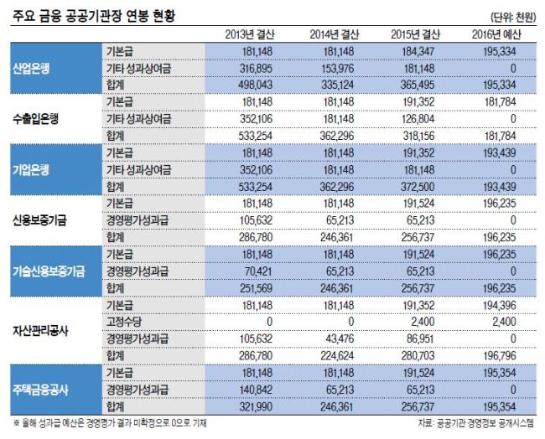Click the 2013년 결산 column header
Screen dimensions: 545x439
(250, 34)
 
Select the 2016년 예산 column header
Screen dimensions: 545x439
(496, 34)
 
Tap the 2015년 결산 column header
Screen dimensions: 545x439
(415, 34)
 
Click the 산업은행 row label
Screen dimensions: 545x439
(31, 69)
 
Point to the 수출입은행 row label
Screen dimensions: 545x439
(36, 119)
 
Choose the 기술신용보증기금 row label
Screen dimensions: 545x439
(49, 271)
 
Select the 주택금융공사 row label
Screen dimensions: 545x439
(40, 390)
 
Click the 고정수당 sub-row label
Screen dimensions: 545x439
(124, 322)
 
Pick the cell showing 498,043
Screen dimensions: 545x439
(256, 85)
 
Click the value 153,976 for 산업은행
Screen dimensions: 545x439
(338, 69)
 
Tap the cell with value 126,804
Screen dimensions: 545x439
(418, 119)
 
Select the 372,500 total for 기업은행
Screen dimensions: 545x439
(418, 187)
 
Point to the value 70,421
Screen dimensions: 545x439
(258, 271)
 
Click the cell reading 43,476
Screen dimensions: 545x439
(340, 338)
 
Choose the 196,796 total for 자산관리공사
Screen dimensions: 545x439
(500, 356)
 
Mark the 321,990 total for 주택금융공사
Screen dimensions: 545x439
(256, 406)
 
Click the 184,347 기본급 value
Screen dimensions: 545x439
(418, 51)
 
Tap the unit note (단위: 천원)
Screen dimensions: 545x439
(513, 18)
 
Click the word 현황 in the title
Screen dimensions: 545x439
(163, 16)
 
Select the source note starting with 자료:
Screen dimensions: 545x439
(475, 423)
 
